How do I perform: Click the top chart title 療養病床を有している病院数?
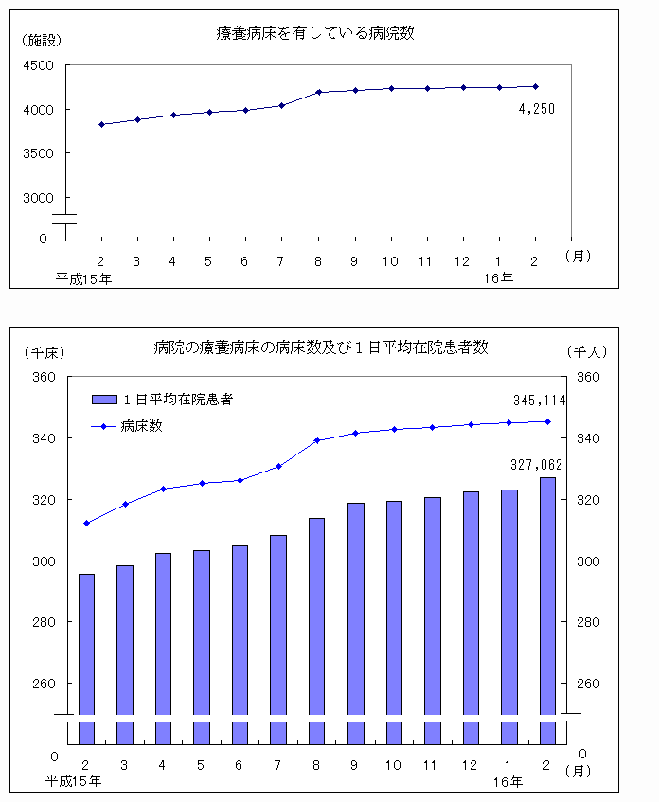click(x=316, y=33)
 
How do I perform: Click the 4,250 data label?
click(x=536, y=109)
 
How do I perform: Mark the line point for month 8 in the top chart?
click(x=318, y=92)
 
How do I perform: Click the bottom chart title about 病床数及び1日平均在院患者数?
click(x=321, y=348)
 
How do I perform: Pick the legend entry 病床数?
click(x=142, y=426)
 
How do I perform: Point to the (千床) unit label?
click(x=44, y=351)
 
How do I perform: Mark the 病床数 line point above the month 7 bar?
click(x=278, y=466)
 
